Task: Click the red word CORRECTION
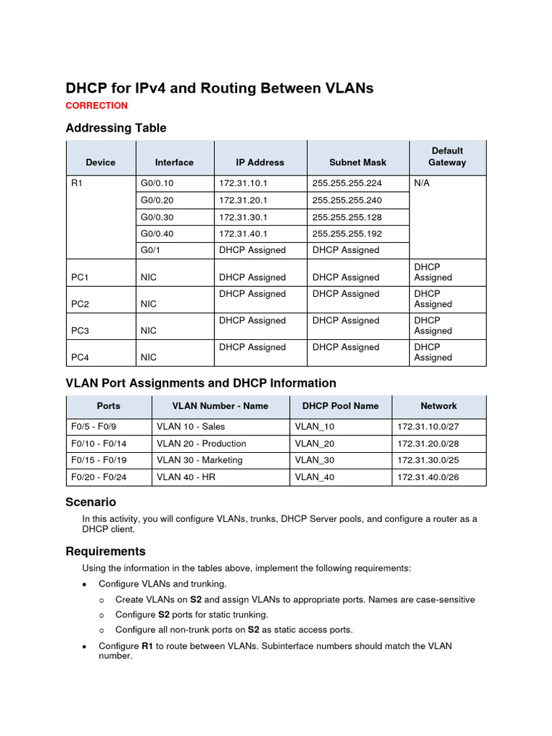click(96, 106)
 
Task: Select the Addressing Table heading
click(116, 128)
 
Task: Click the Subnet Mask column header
click(358, 162)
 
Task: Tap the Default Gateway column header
click(447, 157)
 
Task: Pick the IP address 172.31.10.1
click(243, 183)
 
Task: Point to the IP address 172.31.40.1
click(243, 234)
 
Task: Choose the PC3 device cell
click(80, 331)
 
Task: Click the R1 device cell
click(78, 183)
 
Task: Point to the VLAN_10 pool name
click(315, 427)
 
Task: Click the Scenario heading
click(91, 502)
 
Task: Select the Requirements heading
click(105, 551)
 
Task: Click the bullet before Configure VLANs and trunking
click(85, 584)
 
